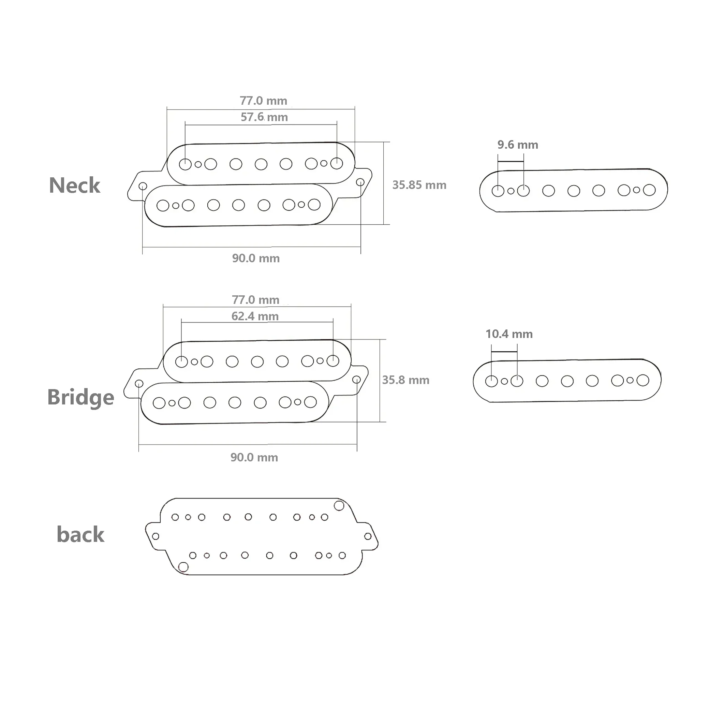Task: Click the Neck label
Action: tap(74, 185)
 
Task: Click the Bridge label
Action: tap(81, 397)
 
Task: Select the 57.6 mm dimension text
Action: tap(264, 117)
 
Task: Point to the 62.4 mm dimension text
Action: tap(255, 316)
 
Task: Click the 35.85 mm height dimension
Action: tap(419, 185)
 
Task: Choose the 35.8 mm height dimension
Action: tap(406, 380)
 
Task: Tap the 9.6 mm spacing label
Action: tap(518, 145)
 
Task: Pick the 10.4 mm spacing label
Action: tap(509, 334)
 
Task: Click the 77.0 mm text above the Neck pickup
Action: tap(263, 101)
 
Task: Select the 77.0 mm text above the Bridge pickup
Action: tap(255, 300)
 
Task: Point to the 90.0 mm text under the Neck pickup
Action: tap(256, 258)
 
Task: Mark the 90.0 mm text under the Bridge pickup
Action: tap(254, 458)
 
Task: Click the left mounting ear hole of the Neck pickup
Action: tap(143, 186)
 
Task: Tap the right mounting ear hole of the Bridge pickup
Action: tap(356, 379)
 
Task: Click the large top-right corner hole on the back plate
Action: tap(339, 506)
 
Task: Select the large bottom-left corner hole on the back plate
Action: tap(183, 567)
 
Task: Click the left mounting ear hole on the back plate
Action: tap(156, 536)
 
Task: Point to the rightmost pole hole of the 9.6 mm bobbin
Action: tap(649, 190)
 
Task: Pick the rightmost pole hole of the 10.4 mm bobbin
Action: tap(643, 380)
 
